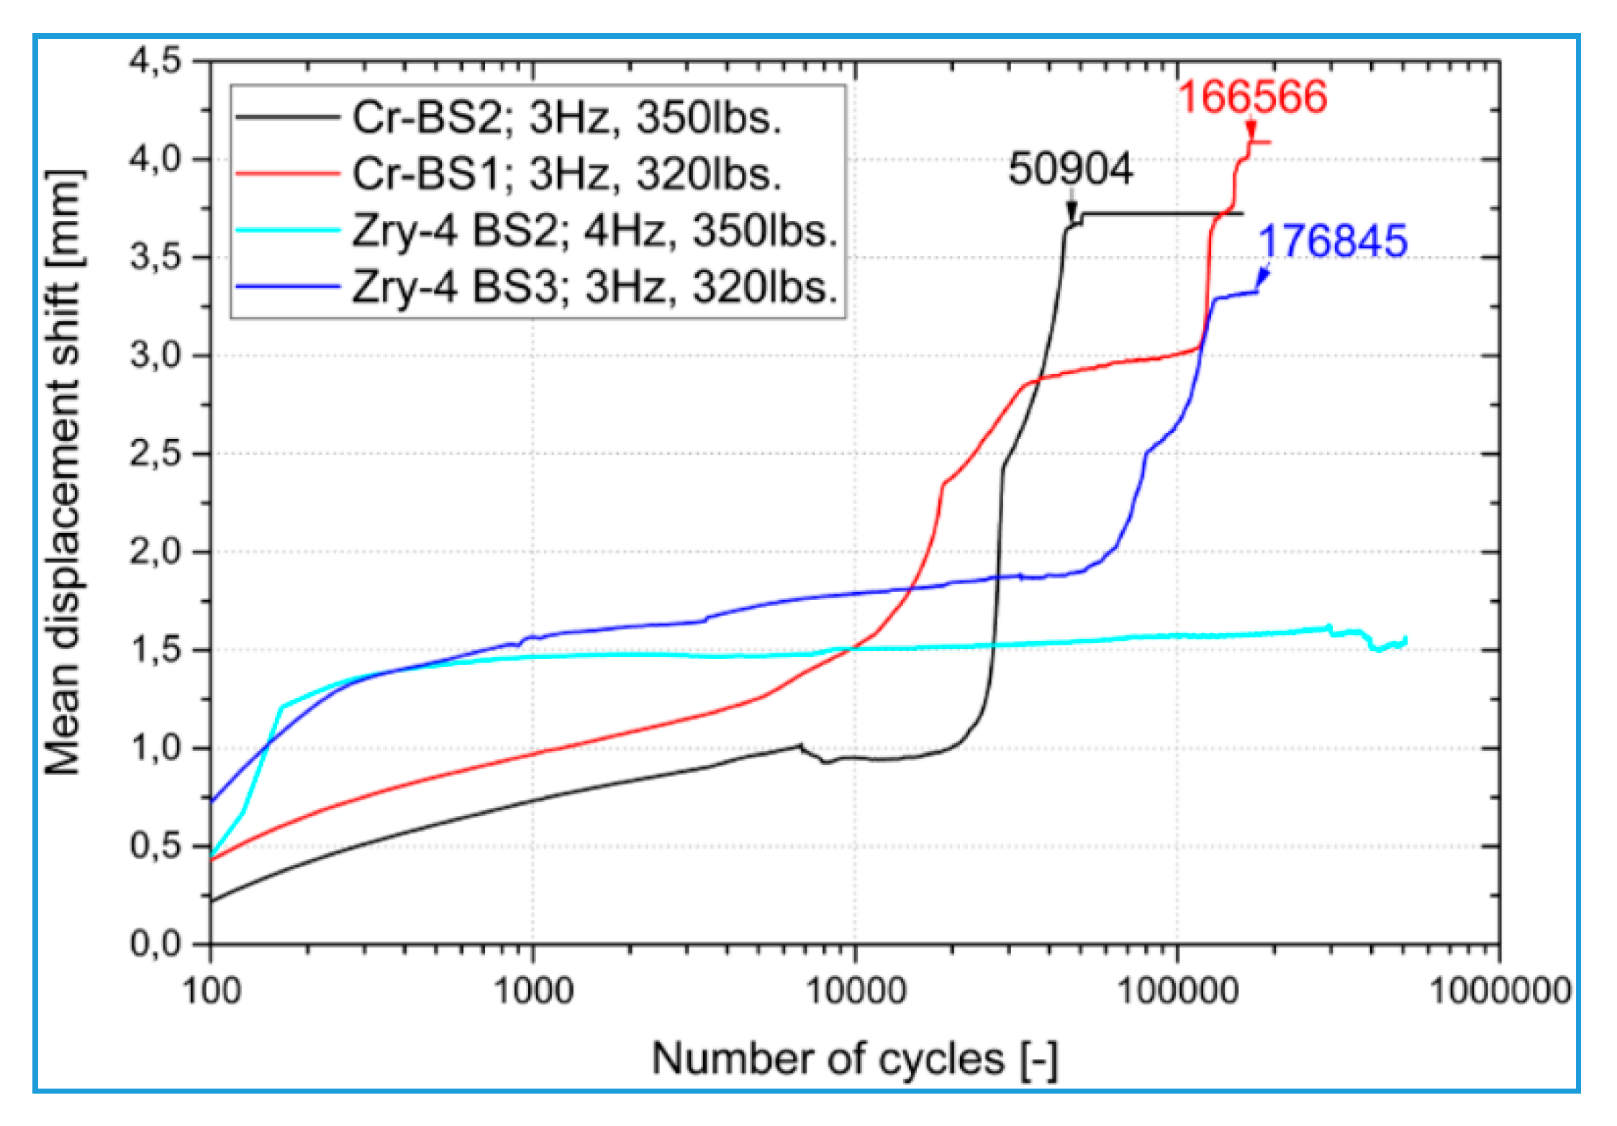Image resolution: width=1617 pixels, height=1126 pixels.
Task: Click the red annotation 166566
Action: pyautogui.click(x=1252, y=97)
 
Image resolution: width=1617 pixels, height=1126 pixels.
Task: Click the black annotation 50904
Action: pyautogui.click(x=1070, y=170)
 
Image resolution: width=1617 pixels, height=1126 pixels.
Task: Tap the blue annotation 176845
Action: pyautogui.click(x=1333, y=241)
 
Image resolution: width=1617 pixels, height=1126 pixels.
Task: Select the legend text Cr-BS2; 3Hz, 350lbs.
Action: pyautogui.click(x=566, y=117)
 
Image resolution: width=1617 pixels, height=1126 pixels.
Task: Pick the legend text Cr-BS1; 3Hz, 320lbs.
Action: pyautogui.click(x=566, y=174)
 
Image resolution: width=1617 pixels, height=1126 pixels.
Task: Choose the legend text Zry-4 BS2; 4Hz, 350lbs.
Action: pyautogui.click(x=595, y=231)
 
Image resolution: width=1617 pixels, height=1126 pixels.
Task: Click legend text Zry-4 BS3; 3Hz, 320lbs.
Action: pyautogui.click(x=595, y=287)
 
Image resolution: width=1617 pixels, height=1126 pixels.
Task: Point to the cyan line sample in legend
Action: pyautogui.click(x=287, y=230)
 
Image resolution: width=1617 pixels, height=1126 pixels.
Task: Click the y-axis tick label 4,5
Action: pyautogui.click(x=155, y=61)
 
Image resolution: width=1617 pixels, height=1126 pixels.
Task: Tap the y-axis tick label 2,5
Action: pyautogui.click(x=155, y=454)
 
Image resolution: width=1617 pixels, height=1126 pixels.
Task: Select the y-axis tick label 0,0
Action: pyautogui.click(x=155, y=943)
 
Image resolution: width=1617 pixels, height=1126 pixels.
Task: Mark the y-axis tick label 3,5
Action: pyautogui.click(x=155, y=258)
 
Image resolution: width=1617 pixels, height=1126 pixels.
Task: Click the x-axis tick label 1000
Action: pyautogui.click(x=533, y=991)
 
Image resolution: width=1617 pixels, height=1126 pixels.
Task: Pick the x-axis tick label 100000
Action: pyautogui.click(x=1177, y=991)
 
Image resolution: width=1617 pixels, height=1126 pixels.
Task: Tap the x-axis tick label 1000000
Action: pyautogui.click(x=1500, y=991)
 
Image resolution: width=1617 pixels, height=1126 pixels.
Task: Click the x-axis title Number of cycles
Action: pyautogui.click(x=854, y=1059)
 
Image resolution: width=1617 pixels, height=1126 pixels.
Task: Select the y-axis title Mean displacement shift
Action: pyautogui.click(x=63, y=473)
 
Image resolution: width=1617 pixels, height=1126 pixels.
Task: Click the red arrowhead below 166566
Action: pyautogui.click(x=1251, y=131)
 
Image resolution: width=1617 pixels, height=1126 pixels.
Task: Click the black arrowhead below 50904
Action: pyautogui.click(x=1072, y=211)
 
